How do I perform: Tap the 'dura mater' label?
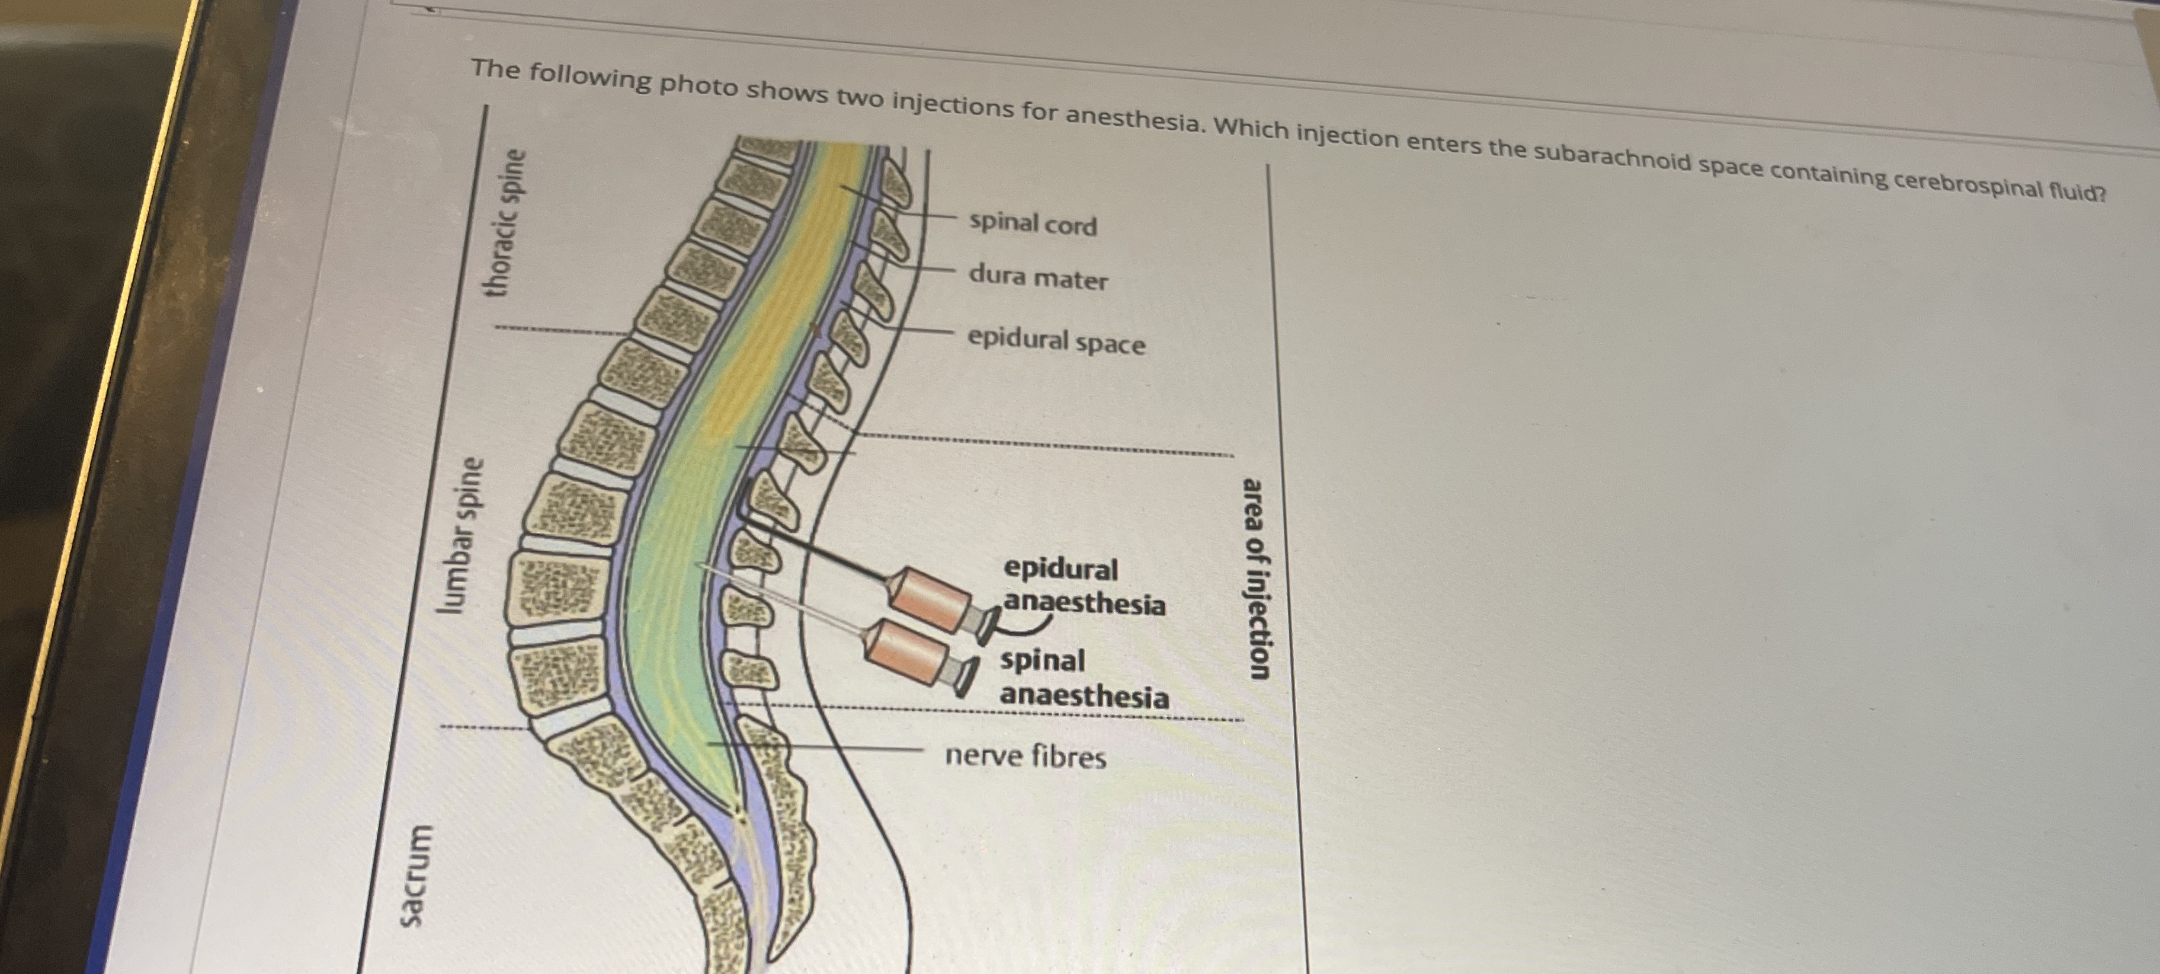(1038, 277)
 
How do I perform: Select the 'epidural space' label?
(1056, 341)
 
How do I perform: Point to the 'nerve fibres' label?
(1025, 756)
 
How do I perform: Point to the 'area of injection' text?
(1256, 578)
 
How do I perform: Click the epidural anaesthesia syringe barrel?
(929, 599)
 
